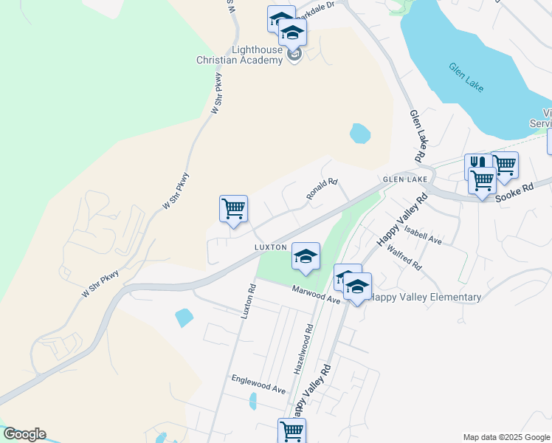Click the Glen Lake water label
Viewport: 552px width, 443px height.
tap(466, 77)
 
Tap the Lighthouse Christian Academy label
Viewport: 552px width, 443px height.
tap(246, 55)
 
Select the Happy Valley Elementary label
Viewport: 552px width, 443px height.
tap(426, 298)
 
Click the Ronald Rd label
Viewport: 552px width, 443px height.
tap(322, 189)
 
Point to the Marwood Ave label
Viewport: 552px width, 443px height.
tap(315, 295)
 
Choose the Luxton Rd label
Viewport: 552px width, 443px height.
tap(247, 303)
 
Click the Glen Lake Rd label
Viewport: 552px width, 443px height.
tap(418, 136)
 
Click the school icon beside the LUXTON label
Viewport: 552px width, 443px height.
tap(306, 255)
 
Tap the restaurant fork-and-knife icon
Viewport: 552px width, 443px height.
tap(477, 165)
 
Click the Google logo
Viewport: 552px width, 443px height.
tap(24, 434)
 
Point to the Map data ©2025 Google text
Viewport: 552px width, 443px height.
tap(506, 437)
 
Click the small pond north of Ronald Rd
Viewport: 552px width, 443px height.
tap(359, 134)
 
